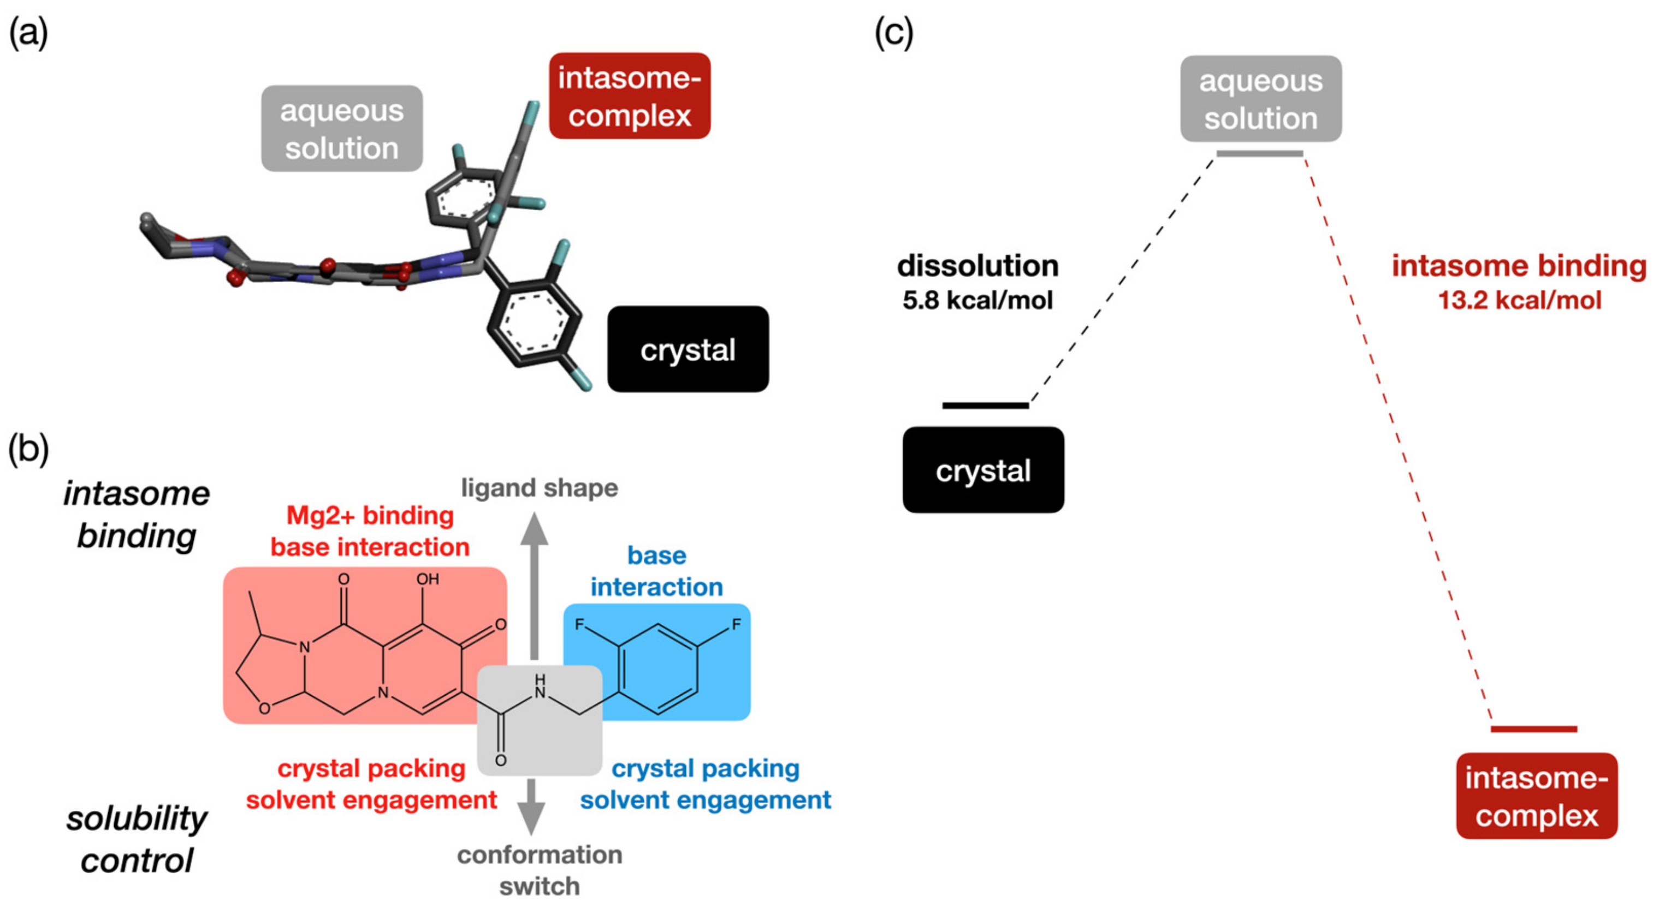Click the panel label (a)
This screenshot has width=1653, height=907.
coord(28,33)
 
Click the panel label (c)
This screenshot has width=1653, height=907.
coord(894,33)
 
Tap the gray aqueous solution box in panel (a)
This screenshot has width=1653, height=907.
coord(341,129)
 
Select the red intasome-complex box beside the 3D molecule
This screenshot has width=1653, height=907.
coord(630,96)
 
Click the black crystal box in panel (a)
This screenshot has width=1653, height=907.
coord(688,350)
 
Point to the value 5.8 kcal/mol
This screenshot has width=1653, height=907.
coord(977,300)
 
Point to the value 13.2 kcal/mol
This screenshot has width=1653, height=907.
coord(1520,300)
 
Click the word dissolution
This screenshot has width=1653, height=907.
coord(977,266)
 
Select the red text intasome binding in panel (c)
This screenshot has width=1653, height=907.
coord(1518,266)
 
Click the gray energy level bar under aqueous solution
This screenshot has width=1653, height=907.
coord(1260,154)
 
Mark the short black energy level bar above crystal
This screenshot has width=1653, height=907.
coord(985,405)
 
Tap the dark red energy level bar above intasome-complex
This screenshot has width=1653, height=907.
coord(1533,729)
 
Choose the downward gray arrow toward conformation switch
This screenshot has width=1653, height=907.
coord(531,808)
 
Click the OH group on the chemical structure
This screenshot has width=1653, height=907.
coord(428,578)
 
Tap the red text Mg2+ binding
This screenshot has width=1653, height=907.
coord(370,516)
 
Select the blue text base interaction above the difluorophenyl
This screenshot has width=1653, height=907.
coord(656,571)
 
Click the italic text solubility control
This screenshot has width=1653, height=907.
coord(136,839)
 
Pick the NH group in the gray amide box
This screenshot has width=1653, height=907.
coord(540,687)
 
